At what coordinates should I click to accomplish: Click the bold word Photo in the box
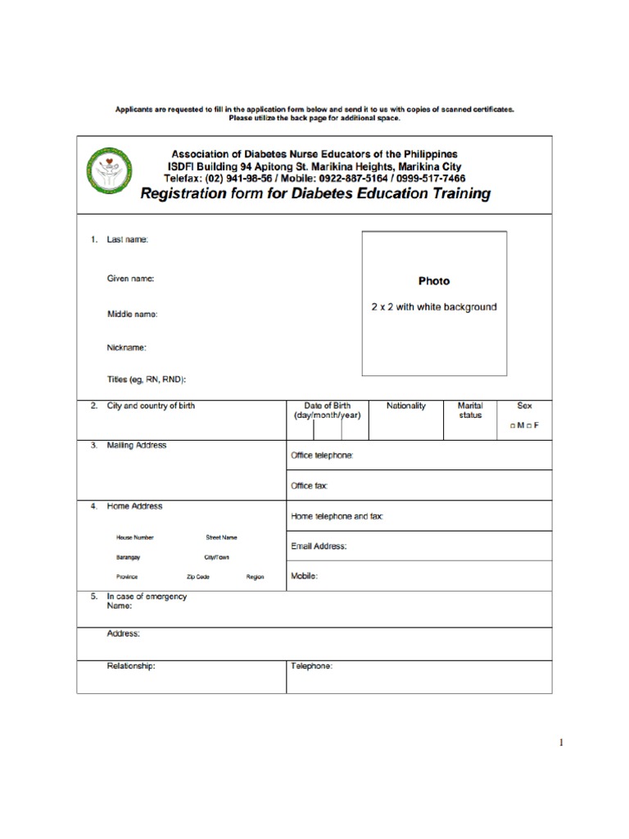(x=434, y=281)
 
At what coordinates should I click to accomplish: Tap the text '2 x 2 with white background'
(x=434, y=307)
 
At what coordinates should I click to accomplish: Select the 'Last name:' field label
(x=128, y=239)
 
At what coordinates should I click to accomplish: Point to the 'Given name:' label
(x=130, y=279)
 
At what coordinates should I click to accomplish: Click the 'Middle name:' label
(x=132, y=314)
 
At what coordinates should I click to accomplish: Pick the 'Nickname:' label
(x=127, y=347)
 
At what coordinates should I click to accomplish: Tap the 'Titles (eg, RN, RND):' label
(x=147, y=379)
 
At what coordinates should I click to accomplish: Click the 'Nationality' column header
(x=406, y=406)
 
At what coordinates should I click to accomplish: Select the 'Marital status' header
(x=470, y=410)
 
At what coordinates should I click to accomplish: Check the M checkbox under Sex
(x=512, y=427)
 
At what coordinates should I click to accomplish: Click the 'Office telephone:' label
(x=322, y=456)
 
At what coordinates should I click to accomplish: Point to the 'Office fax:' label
(x=310, y=486)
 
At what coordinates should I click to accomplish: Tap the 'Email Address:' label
(x=319, y=546)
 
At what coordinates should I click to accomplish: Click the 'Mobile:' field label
(x=304, y=576)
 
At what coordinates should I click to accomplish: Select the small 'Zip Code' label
(x=197, y=577)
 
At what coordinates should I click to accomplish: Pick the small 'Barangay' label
(x=128, y=557)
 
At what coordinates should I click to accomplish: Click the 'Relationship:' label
(x=131, y=666)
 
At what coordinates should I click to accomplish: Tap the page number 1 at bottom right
(x=561, y=742)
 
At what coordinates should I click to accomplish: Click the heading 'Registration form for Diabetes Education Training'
(x=316, y=194)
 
